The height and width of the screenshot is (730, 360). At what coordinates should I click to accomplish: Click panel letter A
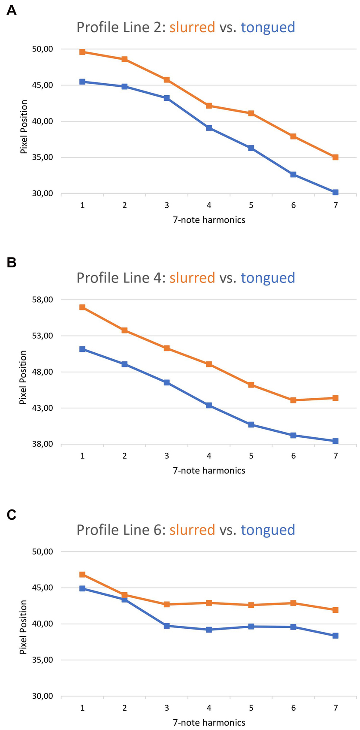[12, 11]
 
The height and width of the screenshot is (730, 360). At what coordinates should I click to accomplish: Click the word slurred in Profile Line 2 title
[192, 27]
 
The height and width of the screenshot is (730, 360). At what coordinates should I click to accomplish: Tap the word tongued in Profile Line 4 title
[268, 278]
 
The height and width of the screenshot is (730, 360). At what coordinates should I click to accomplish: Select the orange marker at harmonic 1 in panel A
[82, 52]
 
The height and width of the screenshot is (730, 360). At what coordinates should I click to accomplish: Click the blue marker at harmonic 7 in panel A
[335, 192]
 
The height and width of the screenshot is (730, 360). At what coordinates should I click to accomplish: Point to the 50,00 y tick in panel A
[42, 49]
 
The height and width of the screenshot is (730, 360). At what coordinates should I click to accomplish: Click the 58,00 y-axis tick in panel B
[42, 300]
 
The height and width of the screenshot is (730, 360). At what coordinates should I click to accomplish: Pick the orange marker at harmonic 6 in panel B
[293, 400]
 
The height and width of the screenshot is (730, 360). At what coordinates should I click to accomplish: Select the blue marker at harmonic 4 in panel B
[209, 405]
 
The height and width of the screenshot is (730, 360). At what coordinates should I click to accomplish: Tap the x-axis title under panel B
[209, 470]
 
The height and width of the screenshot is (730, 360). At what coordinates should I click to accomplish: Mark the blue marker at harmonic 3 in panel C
[166, 626]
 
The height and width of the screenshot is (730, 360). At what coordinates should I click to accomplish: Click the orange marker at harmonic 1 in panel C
[82, 574]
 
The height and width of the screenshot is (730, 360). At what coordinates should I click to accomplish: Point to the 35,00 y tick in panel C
[42, 660]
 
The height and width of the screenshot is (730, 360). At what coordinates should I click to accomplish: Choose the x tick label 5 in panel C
[251, 708]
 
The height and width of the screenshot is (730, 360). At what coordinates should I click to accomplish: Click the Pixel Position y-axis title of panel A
[24, 127]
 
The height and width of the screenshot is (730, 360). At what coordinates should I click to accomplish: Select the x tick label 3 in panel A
[166, 205]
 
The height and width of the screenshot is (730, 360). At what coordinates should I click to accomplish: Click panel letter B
[12, 262]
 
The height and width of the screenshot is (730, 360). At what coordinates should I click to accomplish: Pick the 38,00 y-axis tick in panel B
[42, 444]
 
